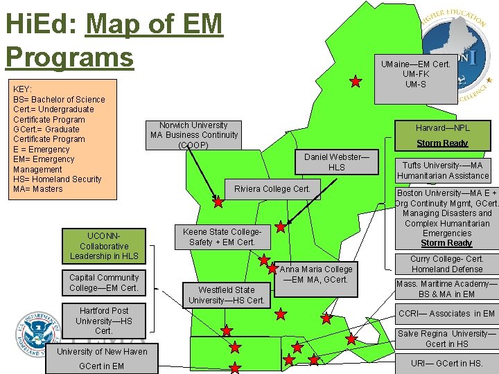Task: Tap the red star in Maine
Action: click(x=356, y=82)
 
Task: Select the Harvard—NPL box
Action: click(x=442, y=128)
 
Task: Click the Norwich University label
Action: click(x=194, y=135)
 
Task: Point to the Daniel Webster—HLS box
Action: click(x=337, y=162)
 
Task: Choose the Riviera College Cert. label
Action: click(x=272, y=189)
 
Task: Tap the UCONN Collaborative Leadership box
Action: click(x=104, y=246)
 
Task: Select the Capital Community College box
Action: click(x=104, y=283)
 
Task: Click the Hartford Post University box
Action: click(x=104, y=321)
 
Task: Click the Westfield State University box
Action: click(x=226, y=295)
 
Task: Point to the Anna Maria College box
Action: click(x=316, y=274)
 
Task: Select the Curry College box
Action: click(x=447, y=264)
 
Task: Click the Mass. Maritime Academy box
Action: click(x=446, y=289)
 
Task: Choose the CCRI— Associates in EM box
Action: click(x=446, y=314)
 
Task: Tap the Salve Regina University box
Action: click(x=446, y=339)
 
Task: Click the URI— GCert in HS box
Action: click(x=446, y=363)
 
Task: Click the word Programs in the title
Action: click(x=69, y=56)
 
